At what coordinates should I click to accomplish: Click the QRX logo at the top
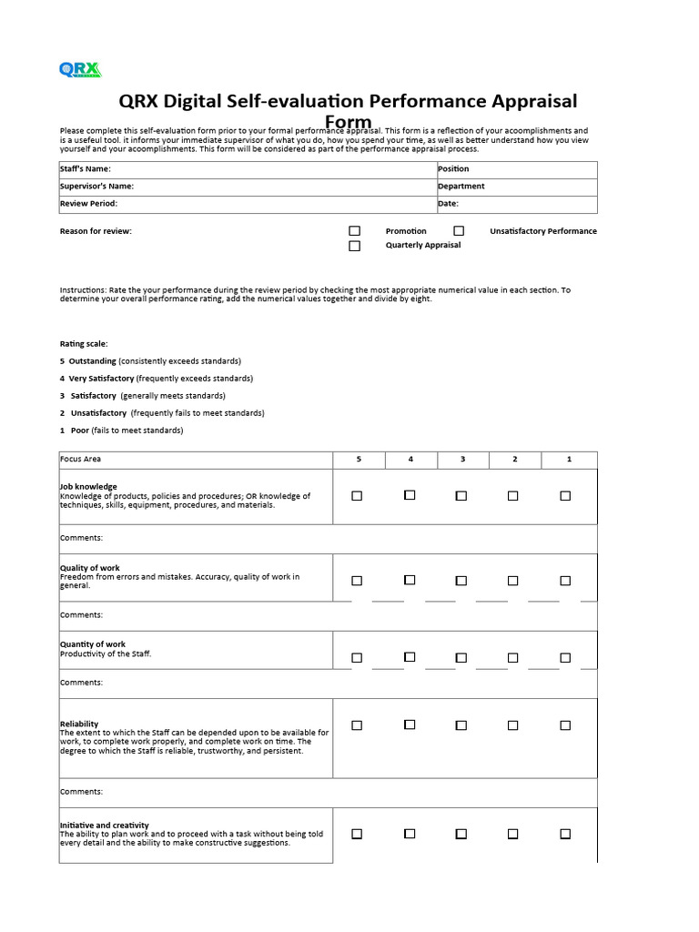click(x=80, y=70)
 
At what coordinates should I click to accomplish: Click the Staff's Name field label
click(x=86, y=169)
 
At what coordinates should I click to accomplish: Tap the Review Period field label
click(x=88, y=204)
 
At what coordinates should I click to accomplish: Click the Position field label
click(x=453, y=169)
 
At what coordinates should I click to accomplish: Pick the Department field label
click(x=461, y=187)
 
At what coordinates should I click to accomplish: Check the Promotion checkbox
click(x=355, y=231)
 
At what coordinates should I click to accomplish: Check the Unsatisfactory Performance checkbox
click(x=459, y=231)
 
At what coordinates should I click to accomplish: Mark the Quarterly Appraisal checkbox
click(x=355, y=246)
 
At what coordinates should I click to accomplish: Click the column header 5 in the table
click(x=359, y=460)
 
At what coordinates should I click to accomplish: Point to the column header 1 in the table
click(x=569, y=460)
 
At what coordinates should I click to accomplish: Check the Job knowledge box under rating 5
click(x=357, y=496)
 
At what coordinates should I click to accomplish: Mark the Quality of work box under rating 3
click(x=461, y=581)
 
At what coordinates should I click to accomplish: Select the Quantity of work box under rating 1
click(x=565, y=658)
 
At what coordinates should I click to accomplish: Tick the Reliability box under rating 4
click(x=410, y=725)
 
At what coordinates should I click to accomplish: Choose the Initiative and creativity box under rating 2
click(x=513, y=834)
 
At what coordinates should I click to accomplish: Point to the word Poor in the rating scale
click(x=80, y=431)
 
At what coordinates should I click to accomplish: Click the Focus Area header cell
click(x=81, y=460)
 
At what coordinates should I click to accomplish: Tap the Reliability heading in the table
click(x=79, y=724)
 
